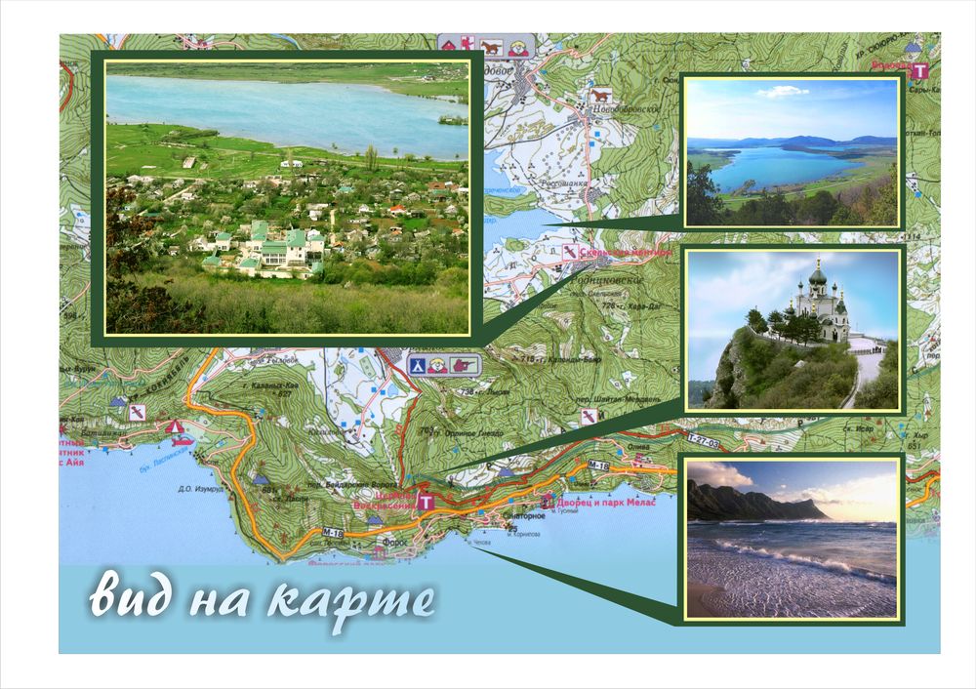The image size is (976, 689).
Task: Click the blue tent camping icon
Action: coord(416,365)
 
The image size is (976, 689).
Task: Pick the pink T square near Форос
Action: coord(425,502)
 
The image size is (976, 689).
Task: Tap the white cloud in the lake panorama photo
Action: coord(783,92)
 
